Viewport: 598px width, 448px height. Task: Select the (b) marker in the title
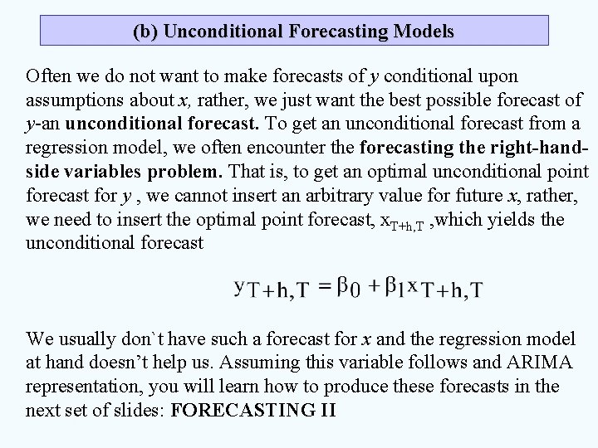tap(146, 32)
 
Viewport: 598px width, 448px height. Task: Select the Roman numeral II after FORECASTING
tap(325, 411)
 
